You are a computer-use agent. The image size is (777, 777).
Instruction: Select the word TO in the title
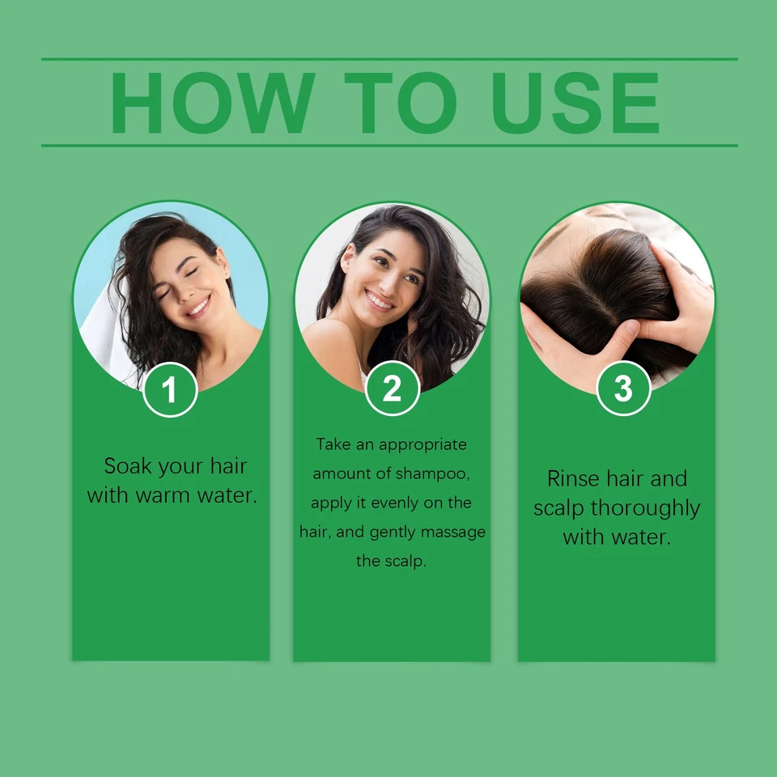400,103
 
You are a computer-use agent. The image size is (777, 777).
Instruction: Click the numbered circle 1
169,390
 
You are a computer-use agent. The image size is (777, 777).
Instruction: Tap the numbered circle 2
392,388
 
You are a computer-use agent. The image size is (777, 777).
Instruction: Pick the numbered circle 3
622,388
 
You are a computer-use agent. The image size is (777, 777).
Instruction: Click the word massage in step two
458,532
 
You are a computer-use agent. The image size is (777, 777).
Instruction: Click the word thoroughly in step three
646,508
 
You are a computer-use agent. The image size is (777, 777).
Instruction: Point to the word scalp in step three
559,508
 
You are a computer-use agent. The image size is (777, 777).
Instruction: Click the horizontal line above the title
389,59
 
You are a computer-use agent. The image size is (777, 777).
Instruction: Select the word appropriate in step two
422,444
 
